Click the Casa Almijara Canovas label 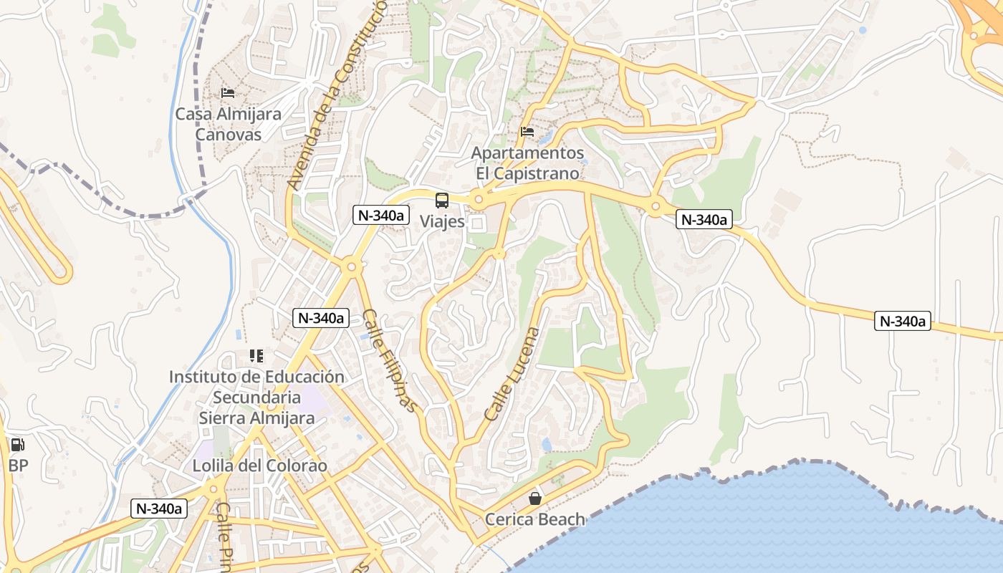pos(229,124)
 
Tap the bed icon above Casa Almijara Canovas pos(228,93)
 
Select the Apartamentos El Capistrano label pos(527,163)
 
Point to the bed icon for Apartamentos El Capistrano pos(527,132)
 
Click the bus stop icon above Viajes pos(442,201)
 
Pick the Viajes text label pos(442,221)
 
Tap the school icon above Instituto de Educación pos(256,355)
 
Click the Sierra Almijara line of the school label pos(256,418)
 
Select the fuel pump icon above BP pos(17,445)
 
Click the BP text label pos(18,466)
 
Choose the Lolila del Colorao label pos(259,466)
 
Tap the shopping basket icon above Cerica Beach pos(534,499)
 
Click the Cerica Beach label pos(534,519)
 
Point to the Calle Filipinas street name pos(389,360)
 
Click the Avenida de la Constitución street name pos(337,93)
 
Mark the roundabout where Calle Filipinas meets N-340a pos(351,268)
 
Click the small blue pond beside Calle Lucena pos(547,445)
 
